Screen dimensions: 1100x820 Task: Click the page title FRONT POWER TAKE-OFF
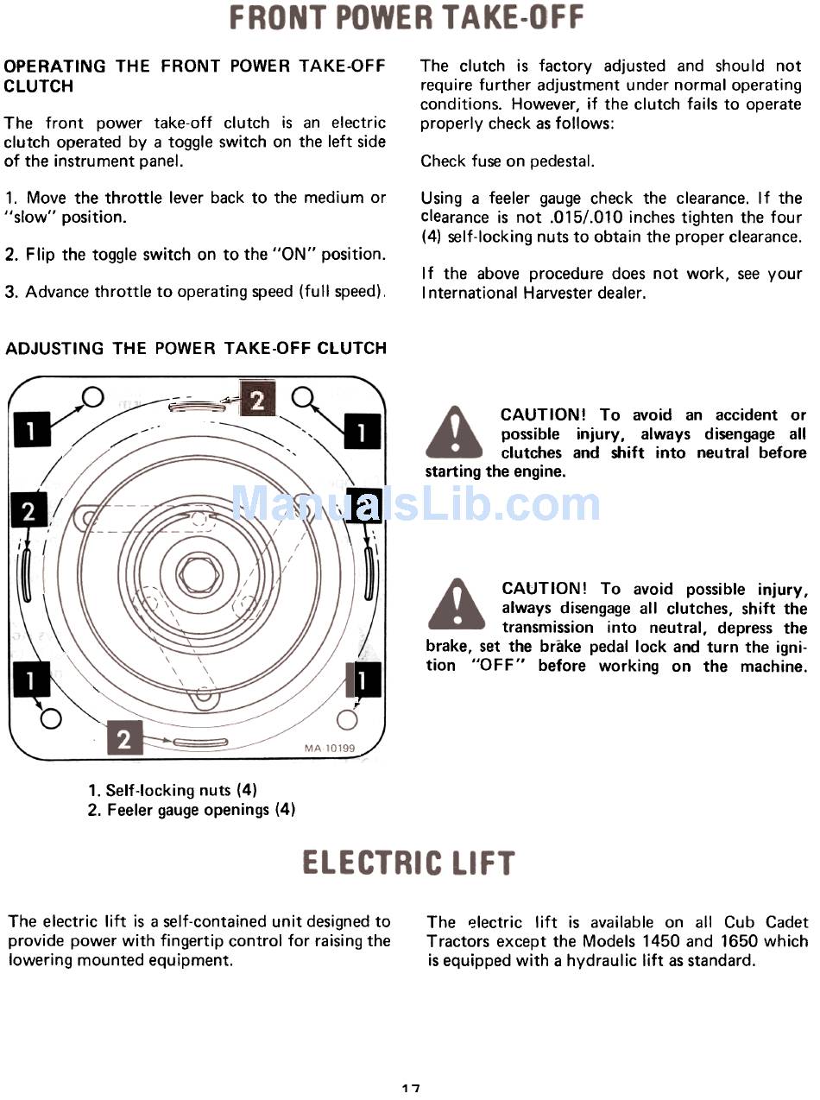point(407,17)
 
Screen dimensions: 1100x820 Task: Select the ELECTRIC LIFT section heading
point(408,863)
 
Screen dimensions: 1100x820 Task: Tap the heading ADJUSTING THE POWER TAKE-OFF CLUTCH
point(196,349)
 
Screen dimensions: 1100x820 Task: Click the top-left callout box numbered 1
point(29,429)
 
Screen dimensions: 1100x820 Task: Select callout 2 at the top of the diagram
point(257,399)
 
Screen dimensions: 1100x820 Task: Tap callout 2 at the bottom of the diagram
point(124,740)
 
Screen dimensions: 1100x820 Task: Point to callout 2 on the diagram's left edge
point(28,511)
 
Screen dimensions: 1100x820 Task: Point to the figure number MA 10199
point(328,749)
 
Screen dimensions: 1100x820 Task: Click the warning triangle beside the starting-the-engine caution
point(454,432)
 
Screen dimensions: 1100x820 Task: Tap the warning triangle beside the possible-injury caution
point(456,604)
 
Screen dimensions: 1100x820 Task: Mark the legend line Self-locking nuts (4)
point(173,790)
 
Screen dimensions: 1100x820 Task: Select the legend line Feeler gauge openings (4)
point(191,810)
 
